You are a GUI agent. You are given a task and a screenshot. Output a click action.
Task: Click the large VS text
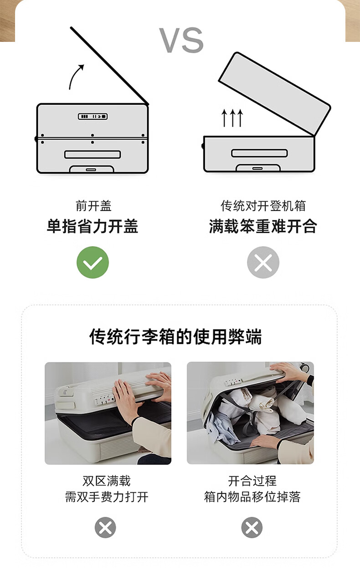tap(181, 40)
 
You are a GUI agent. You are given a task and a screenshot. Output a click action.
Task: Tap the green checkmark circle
tap(93, 262)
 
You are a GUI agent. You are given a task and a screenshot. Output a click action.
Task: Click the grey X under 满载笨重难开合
tap(263, 262)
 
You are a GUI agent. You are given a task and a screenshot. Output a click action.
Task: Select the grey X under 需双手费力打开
tap(105, 527)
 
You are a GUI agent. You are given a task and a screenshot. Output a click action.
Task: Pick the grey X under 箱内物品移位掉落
tap(252, 527)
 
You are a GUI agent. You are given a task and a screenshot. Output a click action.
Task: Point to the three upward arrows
tap(232, 118)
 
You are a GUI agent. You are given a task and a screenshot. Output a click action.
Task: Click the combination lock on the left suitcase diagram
tap(93, 117)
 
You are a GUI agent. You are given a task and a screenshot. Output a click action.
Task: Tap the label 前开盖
tap(93, 206)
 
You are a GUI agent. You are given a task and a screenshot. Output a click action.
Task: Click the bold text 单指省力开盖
tap(93, 226)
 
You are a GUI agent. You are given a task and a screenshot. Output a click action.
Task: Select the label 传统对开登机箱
tap(263, 206)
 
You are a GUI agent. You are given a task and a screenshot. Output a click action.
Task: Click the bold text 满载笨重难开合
tap(263, 226)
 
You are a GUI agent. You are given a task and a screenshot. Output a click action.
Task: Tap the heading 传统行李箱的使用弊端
tap(175, 336)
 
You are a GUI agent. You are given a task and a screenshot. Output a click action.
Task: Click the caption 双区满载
tap(107, 481)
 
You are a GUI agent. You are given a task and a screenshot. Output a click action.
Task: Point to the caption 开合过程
tap(252, 481)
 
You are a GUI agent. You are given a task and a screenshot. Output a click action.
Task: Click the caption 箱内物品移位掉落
tap(252, 497)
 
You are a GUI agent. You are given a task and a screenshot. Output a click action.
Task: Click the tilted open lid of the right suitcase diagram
tap(275, 94)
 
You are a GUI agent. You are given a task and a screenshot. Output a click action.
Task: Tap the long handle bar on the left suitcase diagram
tap(93, 154)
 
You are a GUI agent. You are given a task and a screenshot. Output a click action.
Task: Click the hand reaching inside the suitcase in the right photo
tap(265, 441)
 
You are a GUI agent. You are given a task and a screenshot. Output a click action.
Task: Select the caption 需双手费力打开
tap(107, 497)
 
